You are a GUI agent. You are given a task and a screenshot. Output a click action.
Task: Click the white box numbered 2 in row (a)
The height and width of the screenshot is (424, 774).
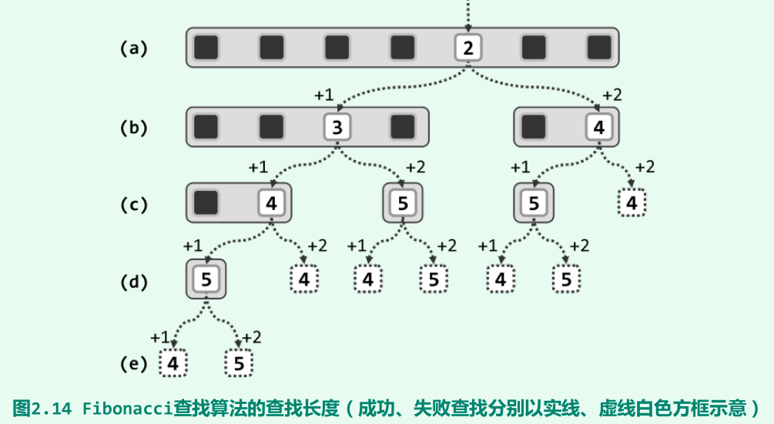tap(467, 48)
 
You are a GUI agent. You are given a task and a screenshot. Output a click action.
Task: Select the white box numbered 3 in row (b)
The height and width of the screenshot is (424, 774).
tap(337, 127)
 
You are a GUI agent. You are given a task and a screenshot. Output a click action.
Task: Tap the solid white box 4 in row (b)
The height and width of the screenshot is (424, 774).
tap(599, 127)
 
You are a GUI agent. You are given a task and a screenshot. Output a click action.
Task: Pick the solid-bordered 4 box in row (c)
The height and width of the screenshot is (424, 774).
tap(271, 203)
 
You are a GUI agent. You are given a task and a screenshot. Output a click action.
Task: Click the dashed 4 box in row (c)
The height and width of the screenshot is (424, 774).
tap(632, 203)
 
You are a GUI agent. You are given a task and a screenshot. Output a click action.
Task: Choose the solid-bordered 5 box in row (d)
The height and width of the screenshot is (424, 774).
tap(206, 279)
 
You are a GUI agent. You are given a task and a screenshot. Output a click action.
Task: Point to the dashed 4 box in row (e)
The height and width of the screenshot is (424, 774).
tap(173, 363)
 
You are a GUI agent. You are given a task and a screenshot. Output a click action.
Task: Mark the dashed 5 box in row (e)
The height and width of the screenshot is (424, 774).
tap(239, 363)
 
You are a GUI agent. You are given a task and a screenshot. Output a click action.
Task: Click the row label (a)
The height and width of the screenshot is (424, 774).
tap(133, 48)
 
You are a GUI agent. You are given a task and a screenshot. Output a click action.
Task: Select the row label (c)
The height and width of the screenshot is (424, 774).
tap(133, 205)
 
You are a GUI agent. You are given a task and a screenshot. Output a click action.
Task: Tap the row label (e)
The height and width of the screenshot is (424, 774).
tap(133, 363)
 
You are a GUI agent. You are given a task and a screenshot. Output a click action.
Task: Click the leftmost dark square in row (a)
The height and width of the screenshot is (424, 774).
tap(206, 48)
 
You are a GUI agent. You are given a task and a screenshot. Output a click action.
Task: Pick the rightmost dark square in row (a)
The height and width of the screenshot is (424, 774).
tap(598, 48)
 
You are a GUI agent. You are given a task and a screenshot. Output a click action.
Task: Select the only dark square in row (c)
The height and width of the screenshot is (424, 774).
tap(206, 203)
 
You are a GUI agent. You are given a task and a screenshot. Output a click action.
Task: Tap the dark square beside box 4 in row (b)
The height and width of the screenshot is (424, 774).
tap(534, 127)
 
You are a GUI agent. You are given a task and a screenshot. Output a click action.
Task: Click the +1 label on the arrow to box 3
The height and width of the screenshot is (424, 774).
tap(324, 95)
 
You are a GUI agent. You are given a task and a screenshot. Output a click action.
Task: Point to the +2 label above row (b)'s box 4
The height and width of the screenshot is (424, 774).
tap(612, 95)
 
